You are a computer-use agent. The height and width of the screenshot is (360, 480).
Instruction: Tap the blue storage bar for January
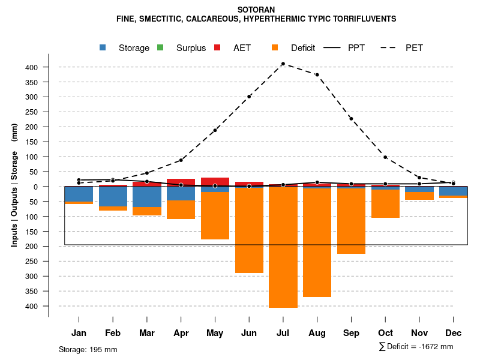click(x=79, y=194)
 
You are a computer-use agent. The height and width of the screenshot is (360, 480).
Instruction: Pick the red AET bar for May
click(x=215, y=181)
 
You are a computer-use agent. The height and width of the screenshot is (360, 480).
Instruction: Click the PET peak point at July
click(x=283, y=64)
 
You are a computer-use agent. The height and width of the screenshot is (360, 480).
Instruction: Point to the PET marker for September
click(x=351, y=119)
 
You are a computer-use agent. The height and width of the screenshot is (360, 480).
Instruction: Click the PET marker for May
click(x=215, y=130)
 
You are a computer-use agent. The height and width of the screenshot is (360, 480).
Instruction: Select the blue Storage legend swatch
click(x=103, y=47)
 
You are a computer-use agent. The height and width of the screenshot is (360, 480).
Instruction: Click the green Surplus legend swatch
click(x=160, y=47)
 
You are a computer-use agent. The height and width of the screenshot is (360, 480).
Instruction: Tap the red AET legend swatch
click(x=218, y=47)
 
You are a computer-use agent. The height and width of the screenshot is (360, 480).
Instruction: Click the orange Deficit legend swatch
click(x=275, y=47)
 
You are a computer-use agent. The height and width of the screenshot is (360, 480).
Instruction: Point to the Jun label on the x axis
click(x=249, y=333)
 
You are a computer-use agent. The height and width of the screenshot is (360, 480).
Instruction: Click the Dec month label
click(x=454, y=333)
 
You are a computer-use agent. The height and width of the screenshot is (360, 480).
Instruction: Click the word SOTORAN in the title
click(x=256, y=10)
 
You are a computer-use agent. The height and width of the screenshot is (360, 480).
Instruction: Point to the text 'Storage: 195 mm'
click(x=88, y=349)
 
